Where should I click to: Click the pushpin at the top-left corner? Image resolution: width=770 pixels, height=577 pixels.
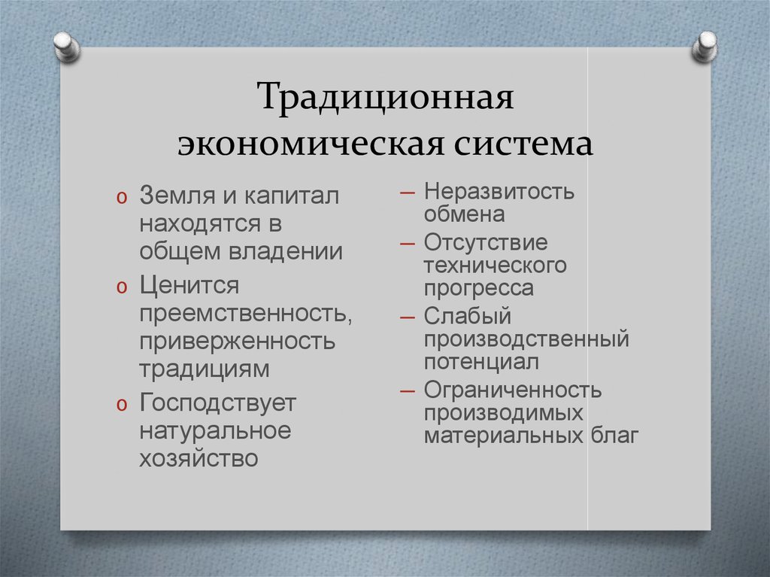(66, 46)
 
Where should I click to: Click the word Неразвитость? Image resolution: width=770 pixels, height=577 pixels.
(499, 191)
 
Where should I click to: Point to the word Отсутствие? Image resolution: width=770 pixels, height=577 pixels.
(485, 243)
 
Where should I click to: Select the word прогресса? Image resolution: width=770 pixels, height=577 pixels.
(478, 288)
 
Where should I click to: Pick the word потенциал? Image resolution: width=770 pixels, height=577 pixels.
(481, 362)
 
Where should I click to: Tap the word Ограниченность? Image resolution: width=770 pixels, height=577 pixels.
(513, 390)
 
